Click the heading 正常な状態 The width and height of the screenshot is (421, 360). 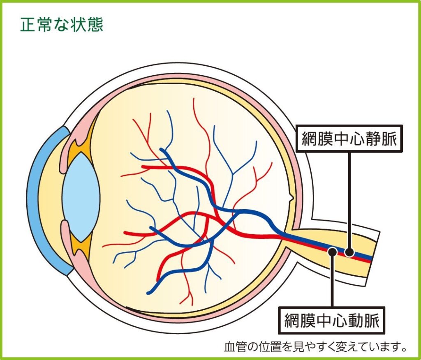click(61, 25)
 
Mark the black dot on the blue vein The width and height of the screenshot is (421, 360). click(349, 252)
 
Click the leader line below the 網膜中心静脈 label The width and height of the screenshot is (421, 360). click(349, 197)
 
